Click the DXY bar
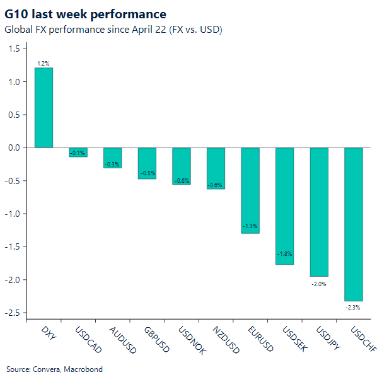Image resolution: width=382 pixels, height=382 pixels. [x=43, y=107]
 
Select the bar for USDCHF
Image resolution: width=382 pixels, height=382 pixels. [x=354, y=224]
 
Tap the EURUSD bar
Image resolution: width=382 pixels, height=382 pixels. [x=250, y=190]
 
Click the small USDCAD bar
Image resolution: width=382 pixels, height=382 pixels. [x=78, y=152]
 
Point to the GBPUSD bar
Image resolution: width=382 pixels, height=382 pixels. [x=147, y=163]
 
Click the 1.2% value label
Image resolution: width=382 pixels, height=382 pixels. [x=43, y=64]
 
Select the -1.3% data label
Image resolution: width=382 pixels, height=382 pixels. [x=250, y=226]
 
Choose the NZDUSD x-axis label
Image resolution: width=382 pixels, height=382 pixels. [x=225, y=340]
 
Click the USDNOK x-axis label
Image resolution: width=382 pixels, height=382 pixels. [x=191, y=340]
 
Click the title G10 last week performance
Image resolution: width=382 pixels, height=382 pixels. [x=86, y=14]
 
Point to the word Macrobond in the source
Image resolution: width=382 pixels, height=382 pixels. [x=83, y=369]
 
